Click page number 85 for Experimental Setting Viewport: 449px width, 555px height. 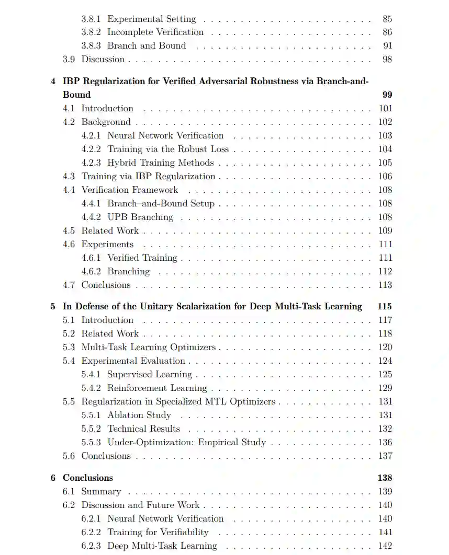[387, 19]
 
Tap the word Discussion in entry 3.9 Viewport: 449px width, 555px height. [103, 60]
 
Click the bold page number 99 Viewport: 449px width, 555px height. [387, 95]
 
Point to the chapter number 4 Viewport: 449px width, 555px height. [53, 81]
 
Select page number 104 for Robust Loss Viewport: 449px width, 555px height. [385, 149]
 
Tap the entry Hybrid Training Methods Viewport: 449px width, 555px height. [161, 163]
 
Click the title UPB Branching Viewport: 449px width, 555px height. [140, 217]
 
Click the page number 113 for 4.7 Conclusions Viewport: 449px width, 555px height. [385, 285]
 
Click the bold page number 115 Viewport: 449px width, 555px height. [385, 306]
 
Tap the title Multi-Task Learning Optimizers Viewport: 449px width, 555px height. [149, 347]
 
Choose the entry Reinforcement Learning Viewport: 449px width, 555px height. [157, 388]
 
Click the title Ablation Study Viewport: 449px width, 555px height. [139, 415]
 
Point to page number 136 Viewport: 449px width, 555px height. [385, 442]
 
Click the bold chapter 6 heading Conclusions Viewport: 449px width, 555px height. [88, 478]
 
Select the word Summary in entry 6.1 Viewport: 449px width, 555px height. [101, 491]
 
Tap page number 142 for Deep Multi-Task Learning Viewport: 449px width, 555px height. [385, 546]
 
